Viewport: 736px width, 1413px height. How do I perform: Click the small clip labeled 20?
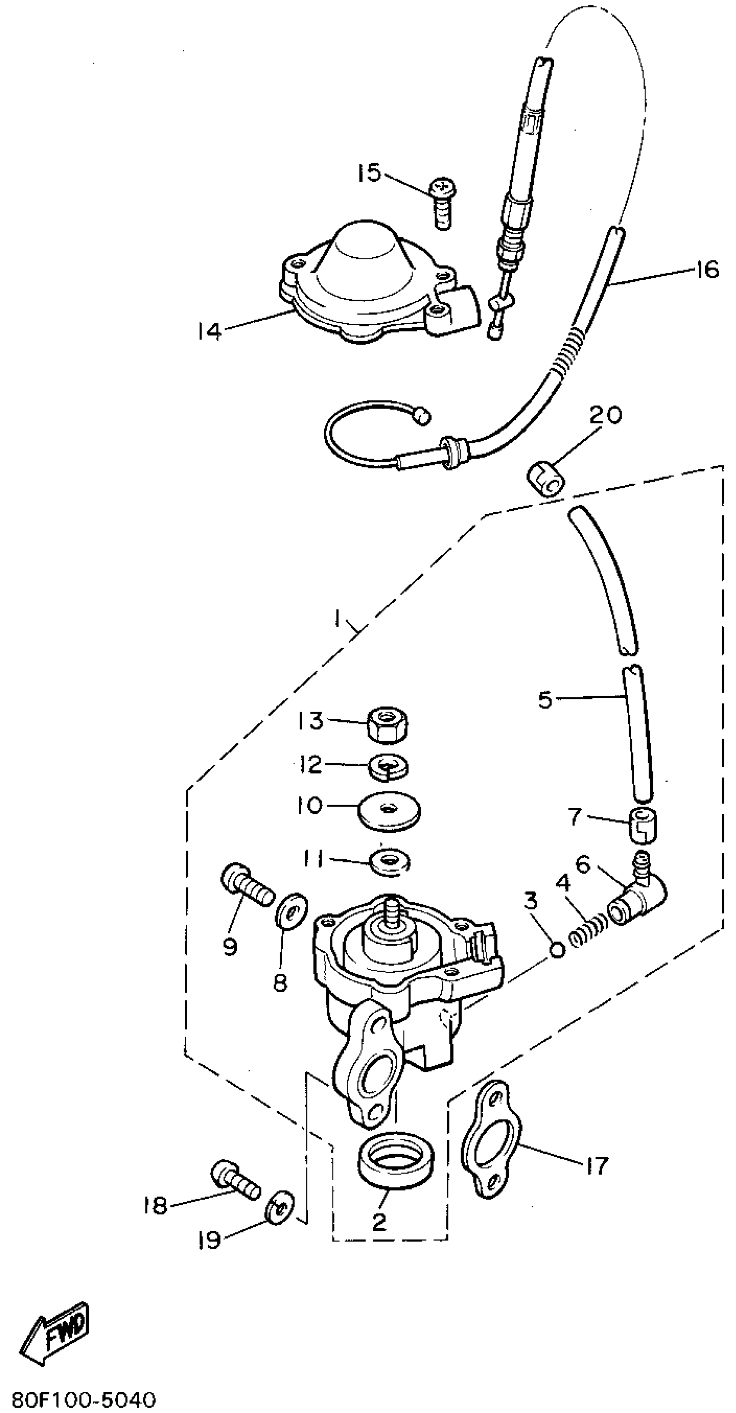pos(545,479)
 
